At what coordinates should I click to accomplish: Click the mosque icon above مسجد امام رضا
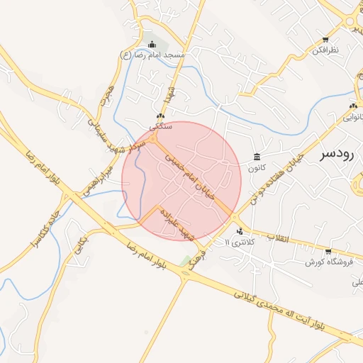point(150,45)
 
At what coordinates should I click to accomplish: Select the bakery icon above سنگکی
point(160,116)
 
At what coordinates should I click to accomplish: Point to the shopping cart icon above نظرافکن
point(325,40)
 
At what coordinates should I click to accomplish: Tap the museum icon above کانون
point(256,157)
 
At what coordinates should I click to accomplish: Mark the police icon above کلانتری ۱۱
point(240,230)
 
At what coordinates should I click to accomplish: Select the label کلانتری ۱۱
point(236,242)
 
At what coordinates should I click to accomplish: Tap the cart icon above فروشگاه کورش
point(328,251)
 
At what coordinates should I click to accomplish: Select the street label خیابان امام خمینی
point(194,174)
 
